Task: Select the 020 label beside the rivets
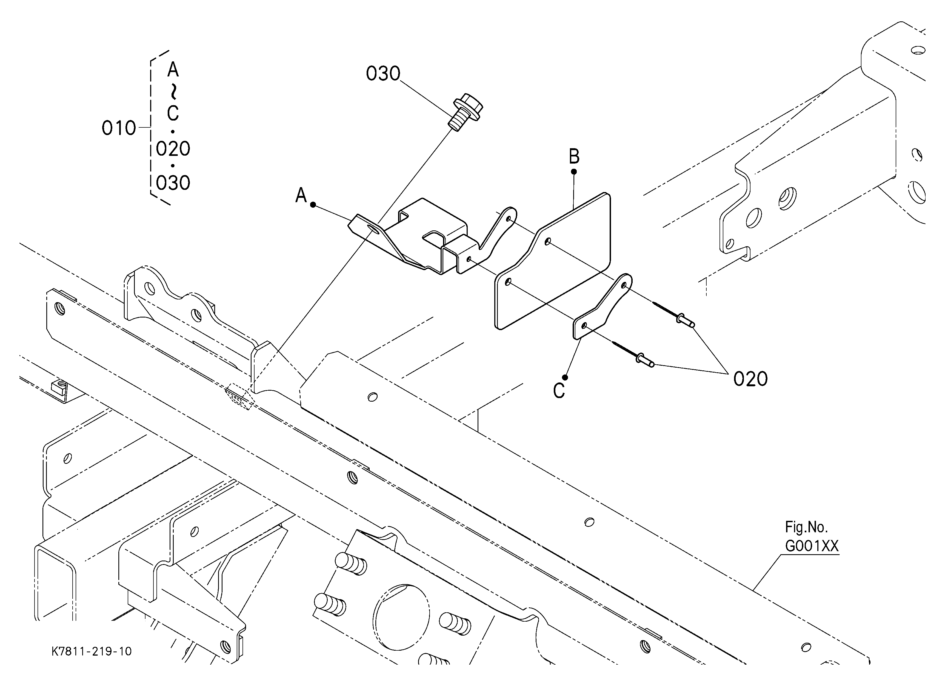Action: pos(750,379)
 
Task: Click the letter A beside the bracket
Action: pos(301,195)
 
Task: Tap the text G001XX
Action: pos(812,546)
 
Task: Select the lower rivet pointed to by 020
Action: pos(634,354)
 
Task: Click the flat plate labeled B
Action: pos(552,261)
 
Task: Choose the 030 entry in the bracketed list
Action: pos(173,183)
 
